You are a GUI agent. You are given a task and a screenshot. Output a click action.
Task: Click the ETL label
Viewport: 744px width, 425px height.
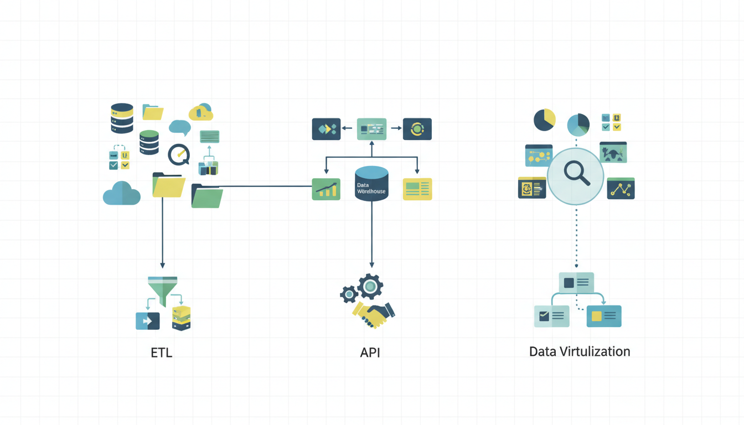pyautogui.click(x=162, y=353)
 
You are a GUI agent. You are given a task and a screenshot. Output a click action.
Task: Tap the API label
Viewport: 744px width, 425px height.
pyautogui.click(x=370, y=353)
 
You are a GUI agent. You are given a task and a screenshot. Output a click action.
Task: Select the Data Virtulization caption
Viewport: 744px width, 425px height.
pyautogui.click(x=580, y=351)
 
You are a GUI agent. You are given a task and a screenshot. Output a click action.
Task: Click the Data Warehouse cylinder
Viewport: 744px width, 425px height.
pyautogui.click(x=371, y=183)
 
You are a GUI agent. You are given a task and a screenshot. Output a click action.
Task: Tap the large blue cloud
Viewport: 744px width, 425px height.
pyautogui.click(x=122, y=193)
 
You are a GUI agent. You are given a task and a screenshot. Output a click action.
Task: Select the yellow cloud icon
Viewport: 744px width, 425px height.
pyautogui.click(x=201, y=112)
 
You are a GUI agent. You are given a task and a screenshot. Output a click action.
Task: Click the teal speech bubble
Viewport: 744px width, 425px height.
pyautogui.click(x=179, y=127)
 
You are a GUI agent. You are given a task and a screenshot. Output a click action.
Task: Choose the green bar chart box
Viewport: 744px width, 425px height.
pyautogui.click(x=326, y=189)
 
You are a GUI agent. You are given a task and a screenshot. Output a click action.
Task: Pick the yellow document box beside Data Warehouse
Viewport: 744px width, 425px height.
pyautogui.click(x=417, y=189)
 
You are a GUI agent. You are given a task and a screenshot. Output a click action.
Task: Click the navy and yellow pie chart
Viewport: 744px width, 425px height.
pyautogui.click(x=544, y=120)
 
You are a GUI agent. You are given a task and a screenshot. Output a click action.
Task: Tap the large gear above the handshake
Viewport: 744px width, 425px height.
pyautogui.click(x=370, y=287)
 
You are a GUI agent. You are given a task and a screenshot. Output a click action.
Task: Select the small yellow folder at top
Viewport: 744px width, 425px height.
pyautogui.click(x=153, y=112)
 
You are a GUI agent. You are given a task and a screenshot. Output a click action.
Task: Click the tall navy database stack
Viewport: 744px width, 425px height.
pyautogui.click(x=122, y=118)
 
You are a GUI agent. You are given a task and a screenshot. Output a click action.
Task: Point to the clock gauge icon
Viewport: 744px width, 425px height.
pyautogui.click(x=179, y=155)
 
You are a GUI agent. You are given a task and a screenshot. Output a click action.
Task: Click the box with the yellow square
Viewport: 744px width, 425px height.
pyautogui.click(x=604, y=316)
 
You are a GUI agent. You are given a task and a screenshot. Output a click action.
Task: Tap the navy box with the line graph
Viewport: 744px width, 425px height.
pyautogui.click(x=621, y=188)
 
